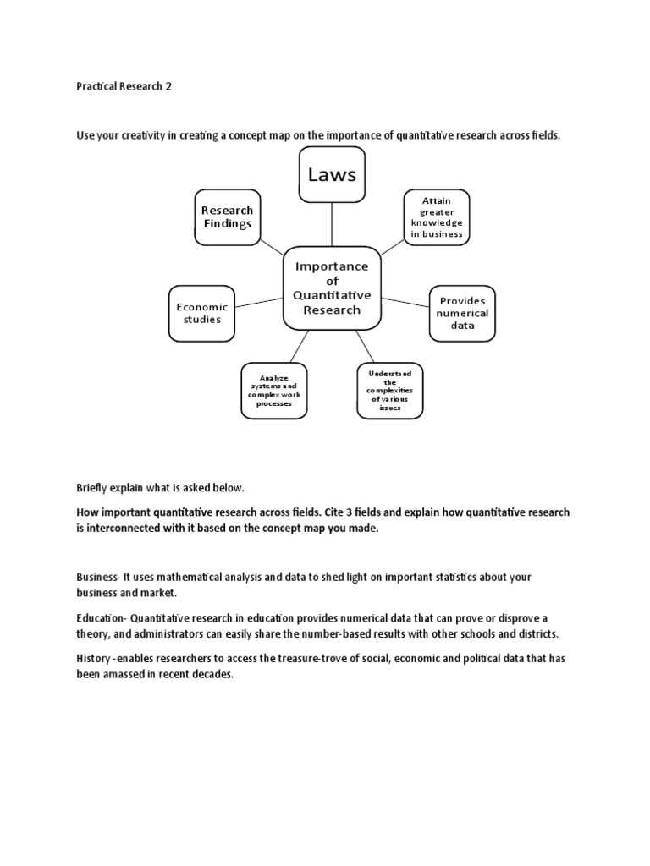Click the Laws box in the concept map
[x=332, y=175]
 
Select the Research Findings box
[x=227, y=217]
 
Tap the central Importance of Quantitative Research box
[x=332, y=288]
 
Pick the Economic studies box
[x=201, y=313]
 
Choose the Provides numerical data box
[x=463, y=313]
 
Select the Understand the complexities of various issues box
[x=389, y=391]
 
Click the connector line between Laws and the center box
[x=332, y=225]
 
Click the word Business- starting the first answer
[x=98, y=577]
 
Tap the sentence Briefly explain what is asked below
[x=160, y=488]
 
